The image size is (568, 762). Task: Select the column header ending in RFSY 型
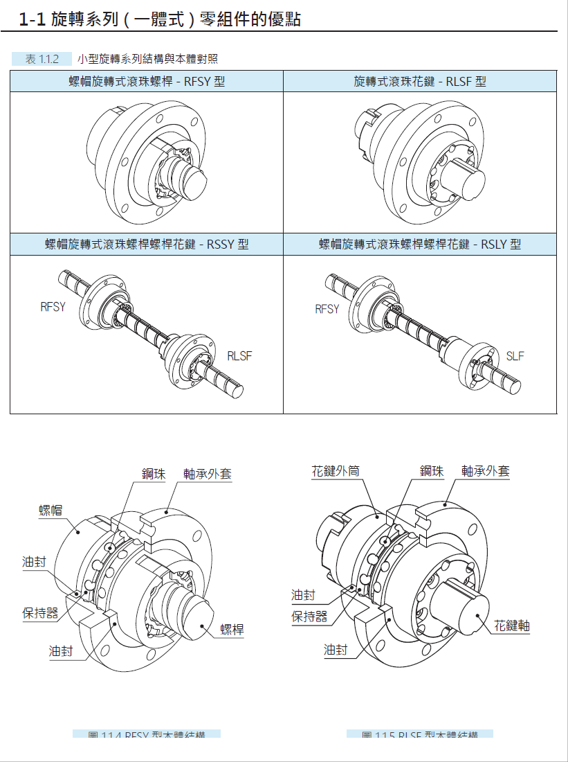147,82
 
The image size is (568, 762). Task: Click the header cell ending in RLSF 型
419,82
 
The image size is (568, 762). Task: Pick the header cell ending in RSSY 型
147,245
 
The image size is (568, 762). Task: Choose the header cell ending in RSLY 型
419,245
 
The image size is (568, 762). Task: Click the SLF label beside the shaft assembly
515,356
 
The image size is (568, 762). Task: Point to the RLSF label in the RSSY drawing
239,356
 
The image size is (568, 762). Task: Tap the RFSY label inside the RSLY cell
327,309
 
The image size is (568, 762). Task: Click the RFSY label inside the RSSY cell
53,307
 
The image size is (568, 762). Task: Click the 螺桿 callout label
232,629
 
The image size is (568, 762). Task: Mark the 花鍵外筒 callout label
336,472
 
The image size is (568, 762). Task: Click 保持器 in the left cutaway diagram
40,613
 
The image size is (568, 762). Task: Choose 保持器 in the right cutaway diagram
309,617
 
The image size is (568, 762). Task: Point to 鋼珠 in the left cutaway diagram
154,474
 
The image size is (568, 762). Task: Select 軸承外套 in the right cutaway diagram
486,472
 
